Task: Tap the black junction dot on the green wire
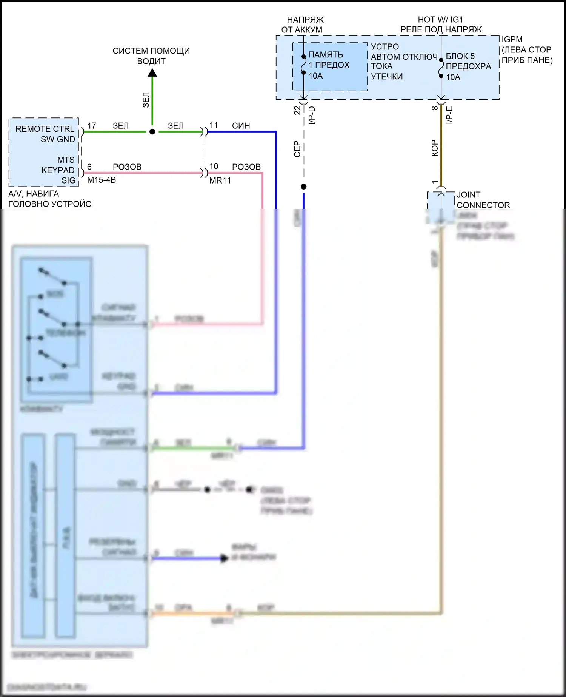[x=152, y=132]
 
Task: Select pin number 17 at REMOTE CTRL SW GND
[x=92, y=125]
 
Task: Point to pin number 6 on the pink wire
[x=89, y=167]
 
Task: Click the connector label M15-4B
[x=102, y=180]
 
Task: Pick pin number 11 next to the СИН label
[x=214, y=125]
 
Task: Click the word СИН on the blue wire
[x=241, y=126]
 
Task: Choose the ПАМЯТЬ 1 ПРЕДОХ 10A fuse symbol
[x=304, y=65]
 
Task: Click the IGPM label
[x=512, y=39]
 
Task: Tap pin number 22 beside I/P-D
[x=297, y=110]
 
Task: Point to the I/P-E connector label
[x=449, y=115]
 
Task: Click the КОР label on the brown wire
[x=435, y=148]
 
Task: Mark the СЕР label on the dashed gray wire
[x=297, y=149]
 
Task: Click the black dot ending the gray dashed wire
[x=304, y=187]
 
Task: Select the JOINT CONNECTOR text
[x=483, y=200]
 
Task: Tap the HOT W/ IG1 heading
[x=440, y=20]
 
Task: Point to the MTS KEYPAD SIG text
[x=58, y=170]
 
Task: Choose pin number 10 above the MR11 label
[x=214, y=167]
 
